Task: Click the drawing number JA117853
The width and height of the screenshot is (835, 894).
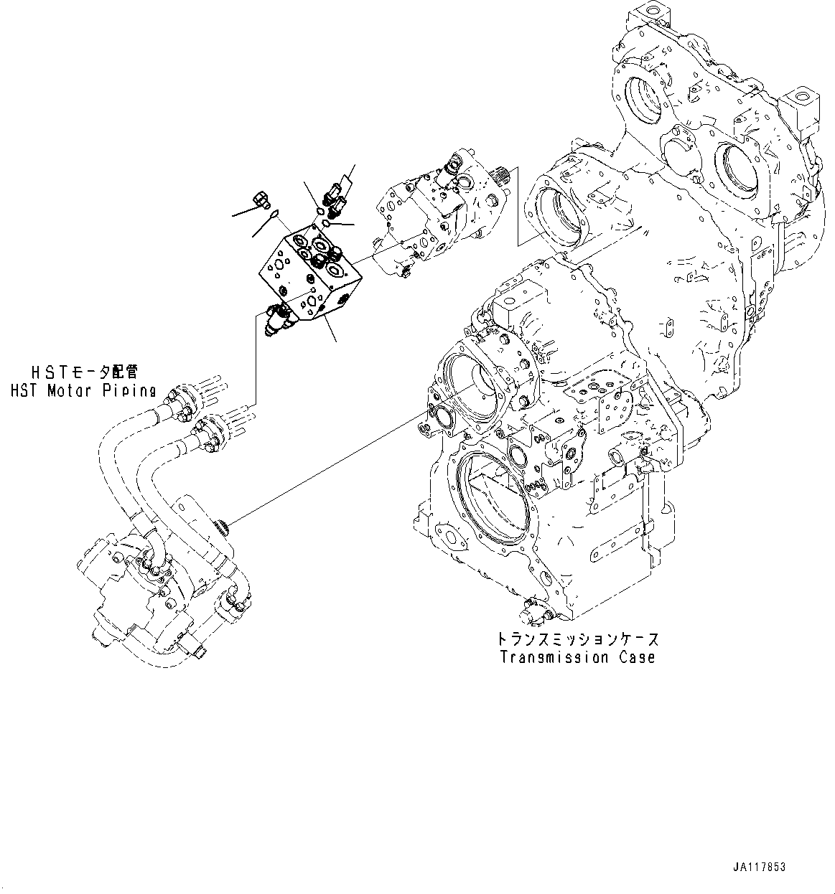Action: coord(760,867)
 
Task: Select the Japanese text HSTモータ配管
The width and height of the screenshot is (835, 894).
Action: coord(82,372)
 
